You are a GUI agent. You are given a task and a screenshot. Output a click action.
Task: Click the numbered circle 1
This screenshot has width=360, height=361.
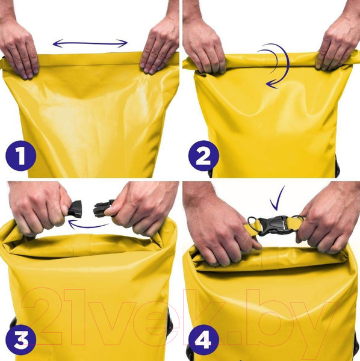[x=21, y=156]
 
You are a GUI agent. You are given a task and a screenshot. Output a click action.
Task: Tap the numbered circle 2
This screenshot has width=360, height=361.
[x=203, y=156]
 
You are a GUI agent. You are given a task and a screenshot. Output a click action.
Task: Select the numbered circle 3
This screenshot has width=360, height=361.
[x=21, y=340]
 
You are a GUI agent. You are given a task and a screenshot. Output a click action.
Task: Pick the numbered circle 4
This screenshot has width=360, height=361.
[x=203, y=340]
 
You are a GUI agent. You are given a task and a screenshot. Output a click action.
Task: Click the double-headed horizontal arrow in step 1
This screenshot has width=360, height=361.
[x=90, y=43]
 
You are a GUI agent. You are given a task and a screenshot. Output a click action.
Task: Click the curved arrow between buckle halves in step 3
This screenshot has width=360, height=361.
[x=88, y=226]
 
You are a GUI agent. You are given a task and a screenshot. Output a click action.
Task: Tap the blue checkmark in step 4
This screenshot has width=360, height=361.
[x=278, y=198]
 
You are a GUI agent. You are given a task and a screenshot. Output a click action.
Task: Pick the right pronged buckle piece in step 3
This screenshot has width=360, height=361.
[x=102, y=209]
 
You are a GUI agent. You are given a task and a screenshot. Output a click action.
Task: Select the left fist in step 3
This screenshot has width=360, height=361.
[x=39, y=207]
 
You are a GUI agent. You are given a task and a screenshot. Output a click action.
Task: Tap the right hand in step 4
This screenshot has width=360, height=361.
[x=327, y=221]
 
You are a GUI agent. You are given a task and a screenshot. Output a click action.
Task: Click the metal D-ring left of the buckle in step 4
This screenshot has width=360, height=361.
[x=253, y=224]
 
